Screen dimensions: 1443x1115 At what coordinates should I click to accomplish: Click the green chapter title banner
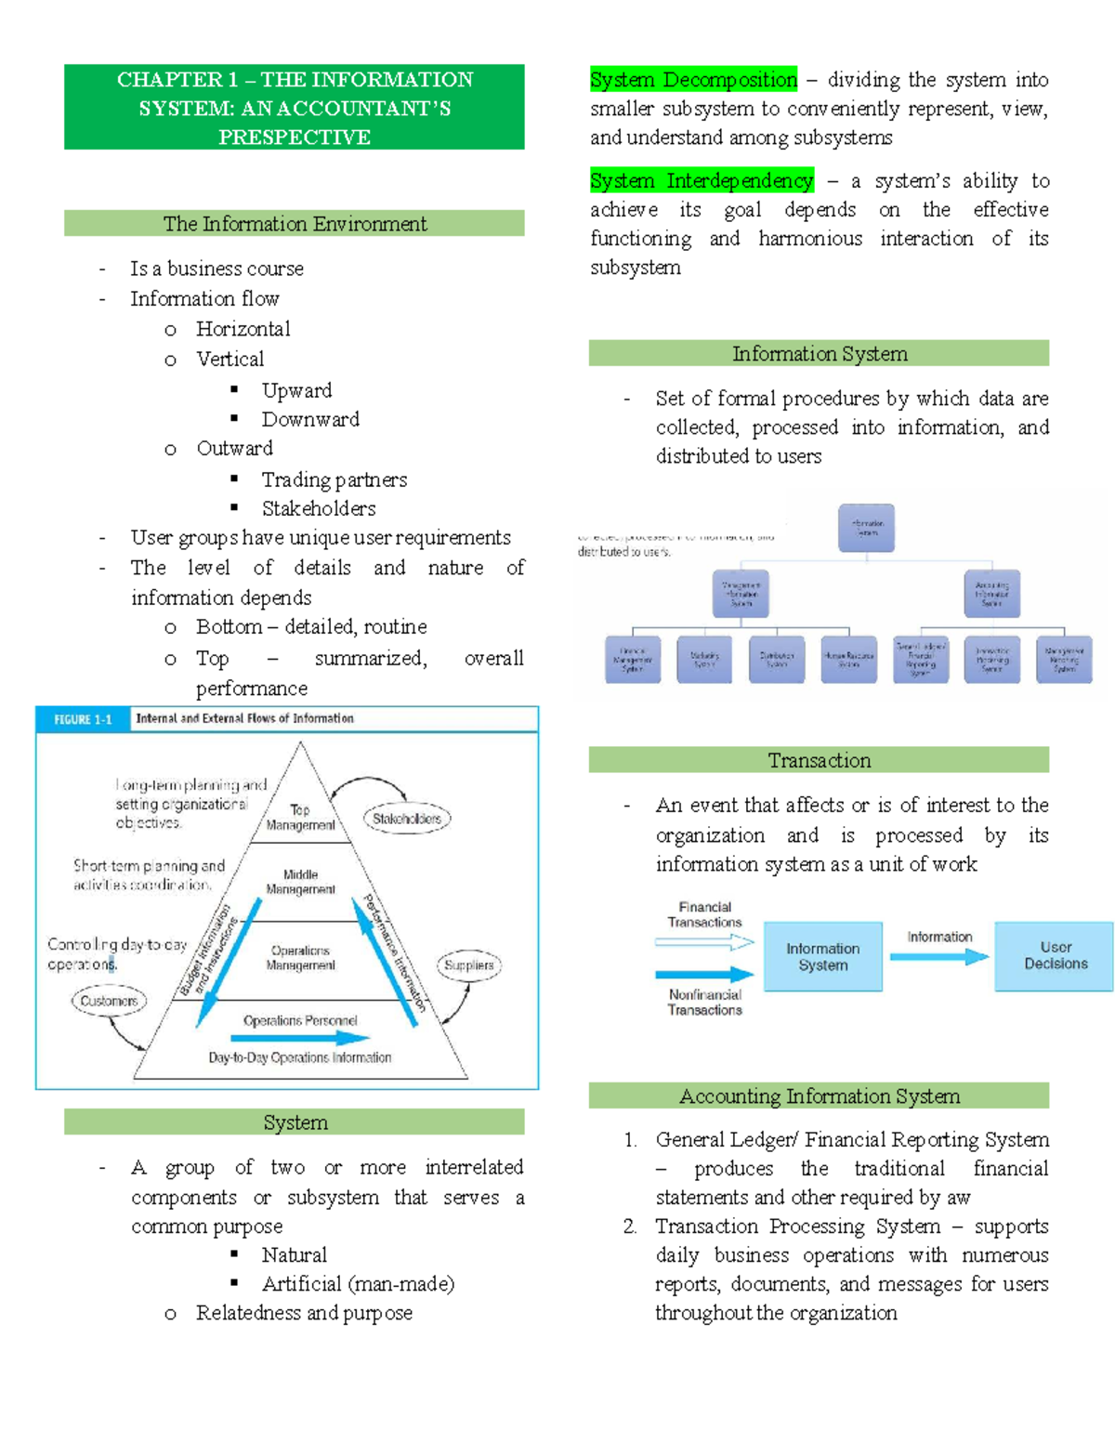[x=295, y=107]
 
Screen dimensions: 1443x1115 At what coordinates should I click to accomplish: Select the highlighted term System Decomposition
[x=693, y=80]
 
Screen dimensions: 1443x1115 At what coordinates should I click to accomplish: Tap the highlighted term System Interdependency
[x=702, y=180]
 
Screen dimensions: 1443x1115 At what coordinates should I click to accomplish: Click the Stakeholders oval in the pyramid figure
[x=406, y=819]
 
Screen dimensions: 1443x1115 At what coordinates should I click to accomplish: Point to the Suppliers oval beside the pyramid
[x=468, y=965]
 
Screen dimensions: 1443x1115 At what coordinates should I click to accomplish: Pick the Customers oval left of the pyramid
[x=109, y=1001]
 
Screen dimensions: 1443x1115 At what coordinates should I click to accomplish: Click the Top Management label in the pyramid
[x=300, y=818]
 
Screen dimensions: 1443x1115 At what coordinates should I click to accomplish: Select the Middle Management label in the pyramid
[x=300, y=882]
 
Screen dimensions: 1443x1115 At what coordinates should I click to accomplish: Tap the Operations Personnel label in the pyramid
[x=300, y=1020]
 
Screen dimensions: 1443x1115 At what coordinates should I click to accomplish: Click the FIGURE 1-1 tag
[x=83, y=719]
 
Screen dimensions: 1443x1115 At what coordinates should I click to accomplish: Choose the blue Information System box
[x=822, y=956]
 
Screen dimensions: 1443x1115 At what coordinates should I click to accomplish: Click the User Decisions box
[x=1055, y=956]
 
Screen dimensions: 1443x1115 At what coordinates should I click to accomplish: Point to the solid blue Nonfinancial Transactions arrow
[x=704, y=975]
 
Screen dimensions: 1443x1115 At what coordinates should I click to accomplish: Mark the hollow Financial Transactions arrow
[x=704, y=942]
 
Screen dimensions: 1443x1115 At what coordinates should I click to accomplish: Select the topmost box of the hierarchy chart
[x=866, y=528]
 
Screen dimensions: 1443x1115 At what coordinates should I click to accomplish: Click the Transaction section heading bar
[x=819, y=760]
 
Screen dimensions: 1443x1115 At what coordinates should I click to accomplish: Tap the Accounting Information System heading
[x=819, y=1095]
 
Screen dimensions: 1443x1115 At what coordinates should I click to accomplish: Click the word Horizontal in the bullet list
[x=243, y=329]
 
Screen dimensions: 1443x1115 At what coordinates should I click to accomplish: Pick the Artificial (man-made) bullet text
[x=358, y=1283]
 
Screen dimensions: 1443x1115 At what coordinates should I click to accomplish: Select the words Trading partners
[x=334, y=479]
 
